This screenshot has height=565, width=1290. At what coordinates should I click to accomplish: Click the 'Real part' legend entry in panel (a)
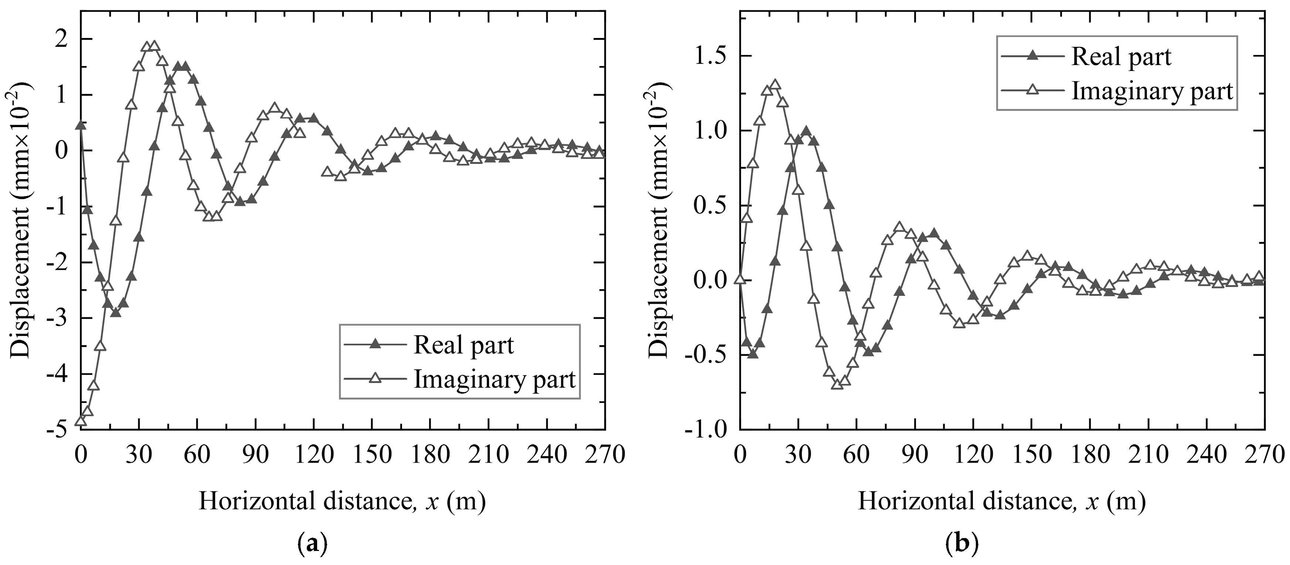(463, 345)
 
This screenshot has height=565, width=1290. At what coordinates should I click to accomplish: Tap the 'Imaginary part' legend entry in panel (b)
(1152, 92)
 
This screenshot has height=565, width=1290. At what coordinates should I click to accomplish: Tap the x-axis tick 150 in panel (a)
(371, 455)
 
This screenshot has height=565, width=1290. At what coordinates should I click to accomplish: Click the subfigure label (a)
(312, 543)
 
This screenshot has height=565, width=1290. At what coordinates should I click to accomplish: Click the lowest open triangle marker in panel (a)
(80, 421)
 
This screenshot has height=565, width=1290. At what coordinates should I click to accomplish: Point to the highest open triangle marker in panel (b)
(775, 85)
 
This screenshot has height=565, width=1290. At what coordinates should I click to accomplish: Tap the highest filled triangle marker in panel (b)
(806, 131)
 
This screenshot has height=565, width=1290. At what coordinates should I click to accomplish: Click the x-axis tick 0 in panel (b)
(740, 455)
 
